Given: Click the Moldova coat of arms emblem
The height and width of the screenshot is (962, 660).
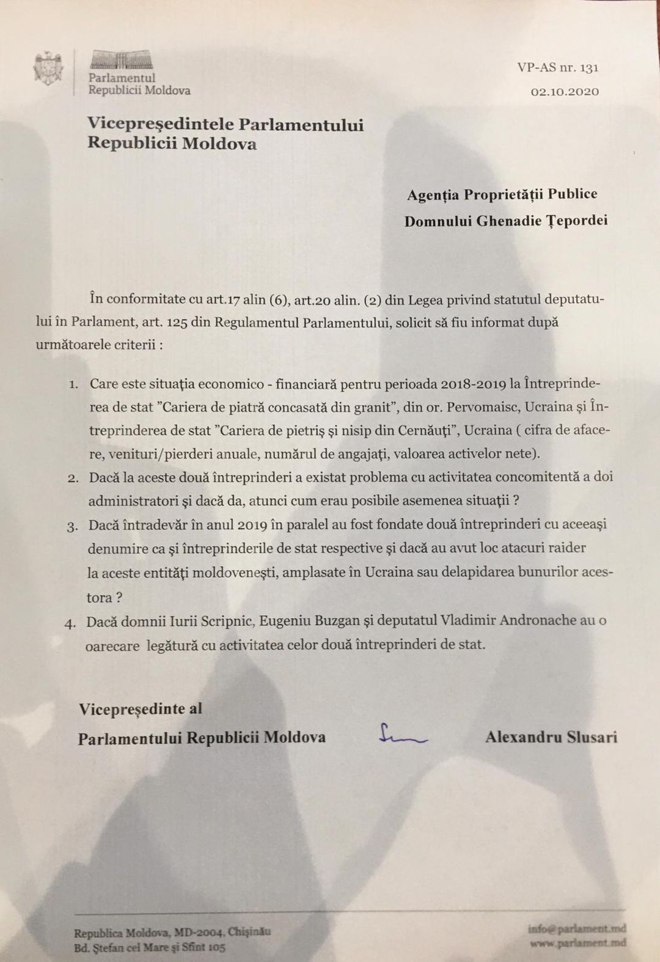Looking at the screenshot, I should click(x=49, y=68).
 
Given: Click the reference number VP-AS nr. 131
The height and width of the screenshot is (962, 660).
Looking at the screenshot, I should click(x=557, y=68).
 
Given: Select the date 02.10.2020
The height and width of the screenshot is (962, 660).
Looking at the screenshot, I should click(x=565, y=92).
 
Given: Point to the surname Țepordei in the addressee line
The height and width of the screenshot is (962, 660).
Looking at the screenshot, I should click(x=577, y=220).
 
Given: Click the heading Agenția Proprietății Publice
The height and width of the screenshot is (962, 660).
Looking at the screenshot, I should click(x=502, y=194).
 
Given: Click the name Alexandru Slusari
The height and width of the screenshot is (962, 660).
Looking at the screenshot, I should click(x=551, y=737).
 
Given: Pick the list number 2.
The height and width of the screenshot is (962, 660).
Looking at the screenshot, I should click(x=73, y=479).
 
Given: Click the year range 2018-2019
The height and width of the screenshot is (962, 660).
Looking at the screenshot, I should click(x=472, y=384).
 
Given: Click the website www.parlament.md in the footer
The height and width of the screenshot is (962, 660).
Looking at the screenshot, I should click(x=578, y=943).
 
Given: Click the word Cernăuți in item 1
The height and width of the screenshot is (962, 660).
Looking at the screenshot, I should click(x=420, y=430).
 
